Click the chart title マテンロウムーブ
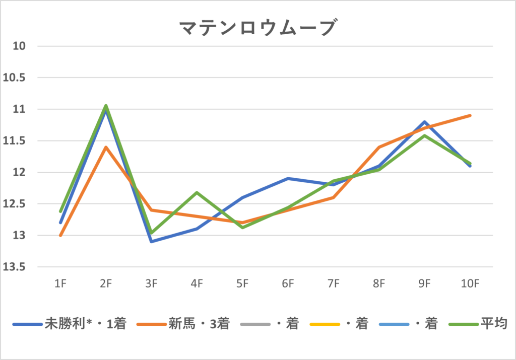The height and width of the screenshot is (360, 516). click(x=257, y=28)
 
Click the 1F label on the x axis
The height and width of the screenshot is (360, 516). click(x=60, y=283)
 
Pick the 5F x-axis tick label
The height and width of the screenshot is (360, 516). click(x=242, y=283)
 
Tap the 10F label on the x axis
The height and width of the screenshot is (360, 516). click(x=470, y=283)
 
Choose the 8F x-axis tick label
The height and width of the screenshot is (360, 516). click(x=379, y=283)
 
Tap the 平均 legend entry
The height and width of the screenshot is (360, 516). click(x=493, y=324)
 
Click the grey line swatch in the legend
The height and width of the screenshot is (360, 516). click(x=255, y=324)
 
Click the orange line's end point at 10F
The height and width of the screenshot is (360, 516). click(x=470, y=115)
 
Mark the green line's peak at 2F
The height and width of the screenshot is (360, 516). click(x=106, y=105)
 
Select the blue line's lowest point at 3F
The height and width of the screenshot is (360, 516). click(x=151, y=242)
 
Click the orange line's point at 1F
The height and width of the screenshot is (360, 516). click(x=60, y=235)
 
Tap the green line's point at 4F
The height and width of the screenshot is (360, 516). click(x=197, y=192)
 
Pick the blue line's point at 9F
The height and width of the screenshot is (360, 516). click(x=425, y=122)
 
